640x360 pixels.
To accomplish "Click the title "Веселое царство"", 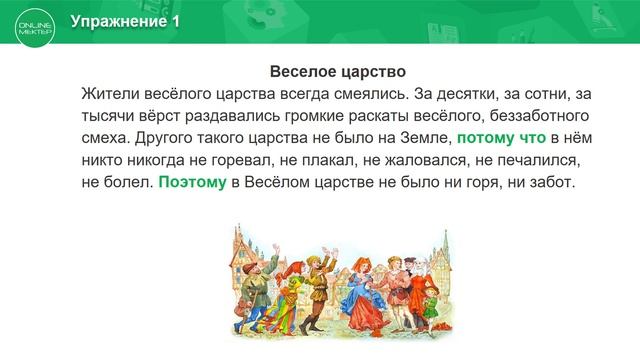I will tap(337, 73).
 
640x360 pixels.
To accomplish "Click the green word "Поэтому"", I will tap(192, 183).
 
